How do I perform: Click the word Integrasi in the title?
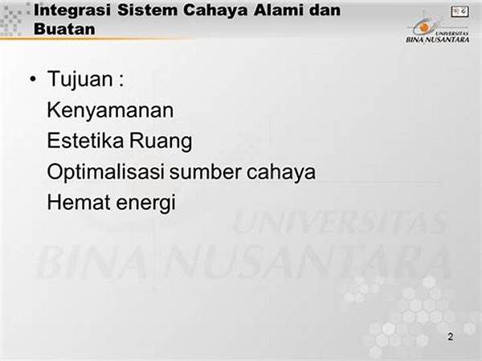click(72, 10)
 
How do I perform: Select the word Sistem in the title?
click(147, 10)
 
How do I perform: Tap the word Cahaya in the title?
click(215, 10)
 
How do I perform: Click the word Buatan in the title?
click(64, 29)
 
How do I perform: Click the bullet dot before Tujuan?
click(33, 79)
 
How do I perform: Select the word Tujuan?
click(80, 80)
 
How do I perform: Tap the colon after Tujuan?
click(121, 81)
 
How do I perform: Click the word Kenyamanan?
click(110, 110)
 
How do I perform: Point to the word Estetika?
click(85, 141)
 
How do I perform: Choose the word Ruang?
click(161, 142)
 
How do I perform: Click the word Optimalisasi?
click(105, 172)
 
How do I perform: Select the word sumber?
click(206, 172)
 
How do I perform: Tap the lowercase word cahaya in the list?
click(281, 172)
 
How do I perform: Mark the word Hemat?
click(79, 202)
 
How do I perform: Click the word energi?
click(145, 203)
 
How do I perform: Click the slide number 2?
click(451, 337)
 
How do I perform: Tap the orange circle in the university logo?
click(424, 27)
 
